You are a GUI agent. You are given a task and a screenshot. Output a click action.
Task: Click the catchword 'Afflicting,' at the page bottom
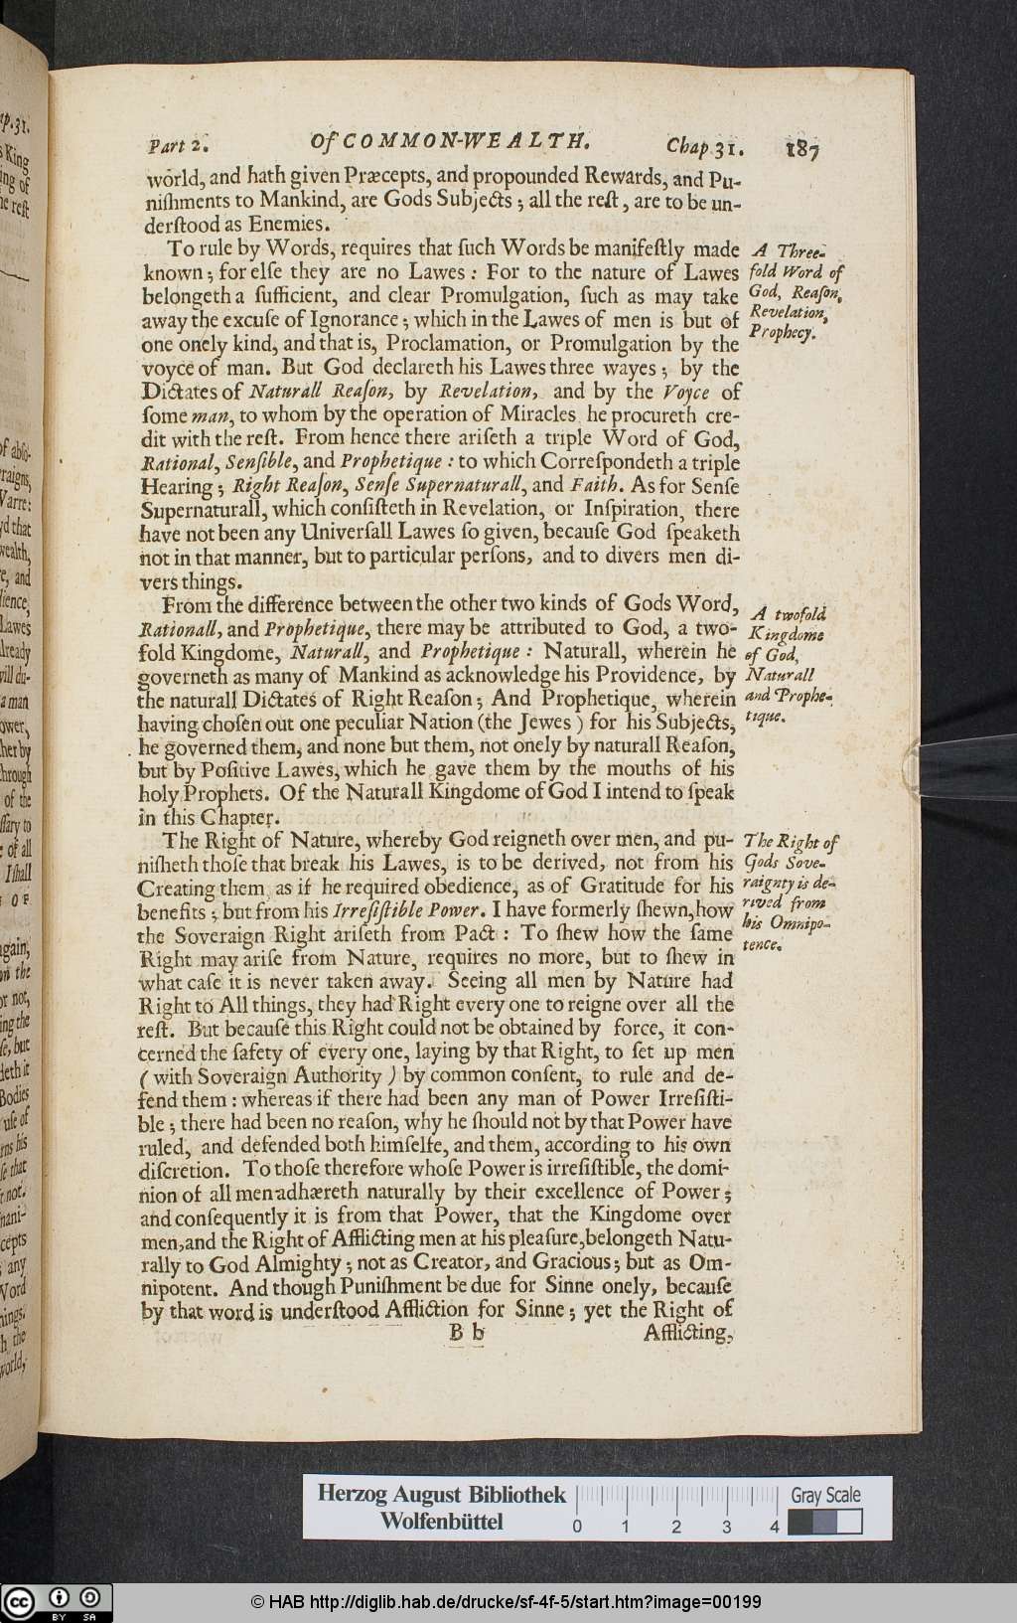[x=688, y=1334]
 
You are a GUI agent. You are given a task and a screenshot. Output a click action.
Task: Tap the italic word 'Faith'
[x=598, y=486]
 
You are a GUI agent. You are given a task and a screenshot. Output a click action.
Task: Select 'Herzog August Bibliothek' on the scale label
[x=441, y=1495]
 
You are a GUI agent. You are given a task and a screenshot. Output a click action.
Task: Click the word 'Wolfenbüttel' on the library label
[x=441, y=1522]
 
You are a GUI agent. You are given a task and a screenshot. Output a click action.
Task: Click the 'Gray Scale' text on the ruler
[x=825, y=1495]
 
